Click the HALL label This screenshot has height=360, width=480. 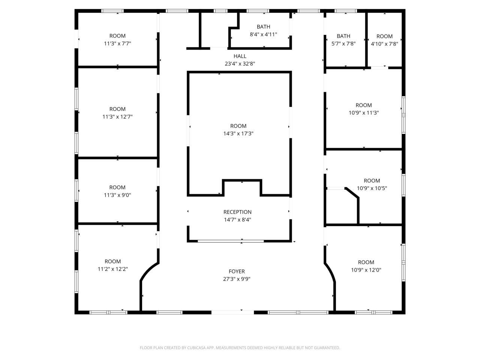coord(240,56)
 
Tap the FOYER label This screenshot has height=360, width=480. coord(237,271)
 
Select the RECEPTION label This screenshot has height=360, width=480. coord(237,212)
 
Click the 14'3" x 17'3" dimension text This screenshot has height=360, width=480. coord(238,133)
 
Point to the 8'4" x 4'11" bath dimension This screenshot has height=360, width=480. coord(263,34)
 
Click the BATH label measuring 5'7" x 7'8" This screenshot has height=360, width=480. coord(343,36)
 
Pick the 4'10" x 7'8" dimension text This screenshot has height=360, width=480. coord(384,44)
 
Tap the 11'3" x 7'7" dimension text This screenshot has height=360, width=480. coord(117,43)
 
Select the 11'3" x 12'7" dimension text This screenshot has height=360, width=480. coord(117,117)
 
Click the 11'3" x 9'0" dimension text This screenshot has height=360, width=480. coord(117,195)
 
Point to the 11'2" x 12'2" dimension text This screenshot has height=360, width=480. coord(112,269)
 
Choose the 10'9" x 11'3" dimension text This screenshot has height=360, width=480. coord(364,112)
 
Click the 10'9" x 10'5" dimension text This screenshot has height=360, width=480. coord(372,188)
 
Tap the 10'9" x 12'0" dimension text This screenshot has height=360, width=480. coord(366,270)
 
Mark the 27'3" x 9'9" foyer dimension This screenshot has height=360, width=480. coord(237,279)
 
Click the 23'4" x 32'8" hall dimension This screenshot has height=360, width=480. coord(240,64)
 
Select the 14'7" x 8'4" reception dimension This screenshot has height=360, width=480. coord(237,219)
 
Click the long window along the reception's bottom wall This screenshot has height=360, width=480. coord(231,241)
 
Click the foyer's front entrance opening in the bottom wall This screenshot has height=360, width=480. coord(232,312)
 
